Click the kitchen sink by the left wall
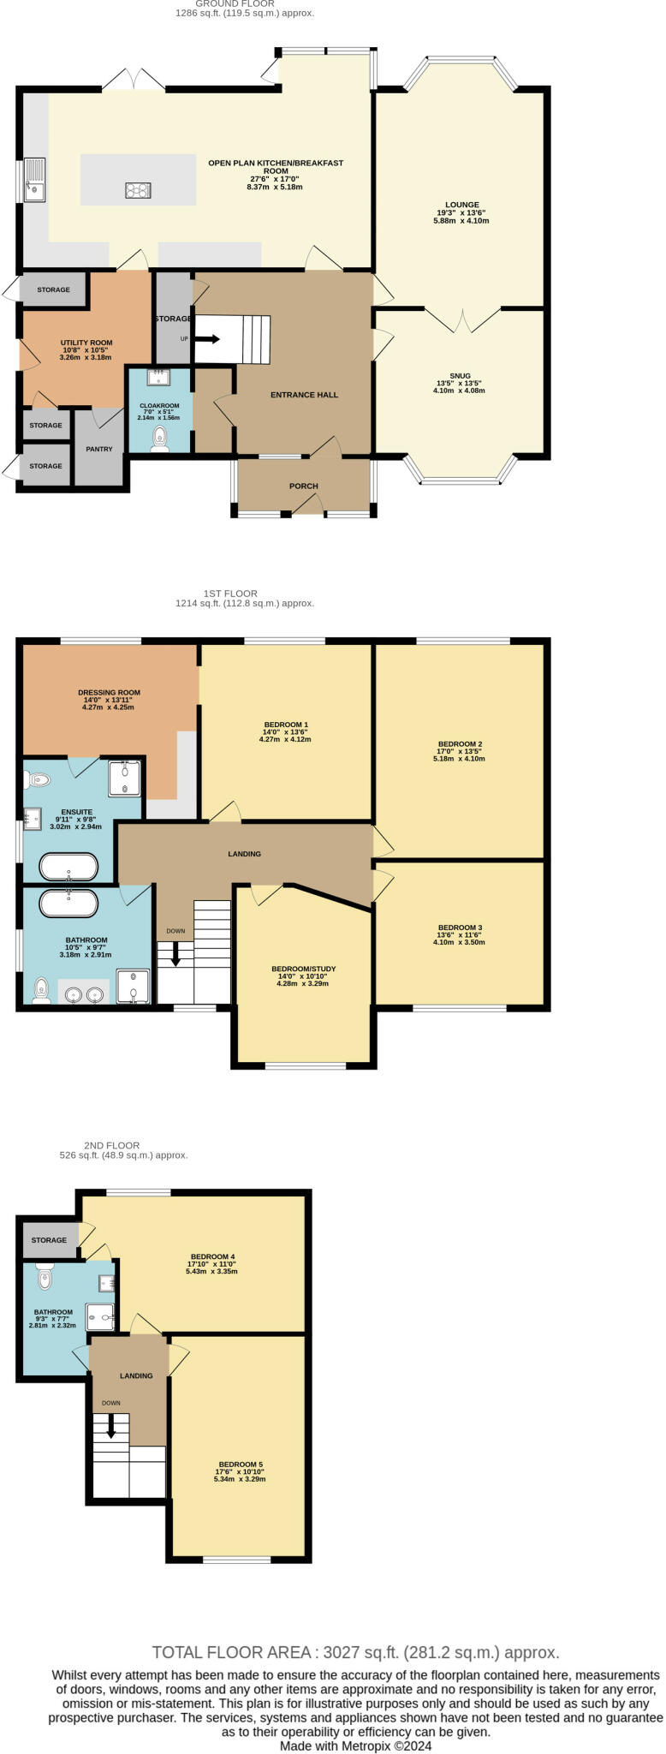pyautogui.click(x=34, y=180)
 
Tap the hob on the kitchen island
pyautogui.click(x=138, y=190)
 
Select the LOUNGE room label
pyautogui.click(x=462, y=205)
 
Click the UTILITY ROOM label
pyautogui.click(x=86, y=343)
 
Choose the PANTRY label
pyautogui.click(x=99, y=449)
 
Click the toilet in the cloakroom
pyautogui.click(x=159, y=439)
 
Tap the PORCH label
pyautogui.click(x=303, y=486)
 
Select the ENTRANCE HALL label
pyautogui.click(x=304, y=395)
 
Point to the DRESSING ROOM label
pyautogui.click(x=109, y=692)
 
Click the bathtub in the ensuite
pyautogui.click(x=69, y=867)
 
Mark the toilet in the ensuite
pyautogui.click(x=38, y=779)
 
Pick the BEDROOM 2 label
pyautogui.click(x=460, y=743)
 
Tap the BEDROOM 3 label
pyautogui.click(x=460, y=928)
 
